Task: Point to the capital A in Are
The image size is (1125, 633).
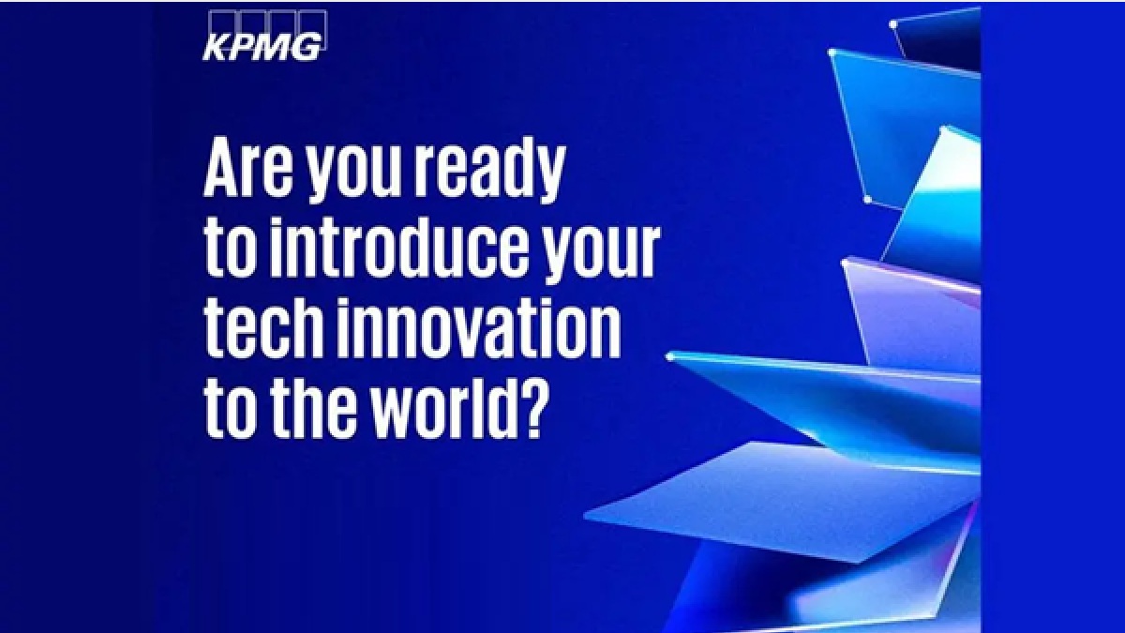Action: coord(222,172)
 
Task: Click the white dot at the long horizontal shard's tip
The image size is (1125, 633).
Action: coord(670,356)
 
